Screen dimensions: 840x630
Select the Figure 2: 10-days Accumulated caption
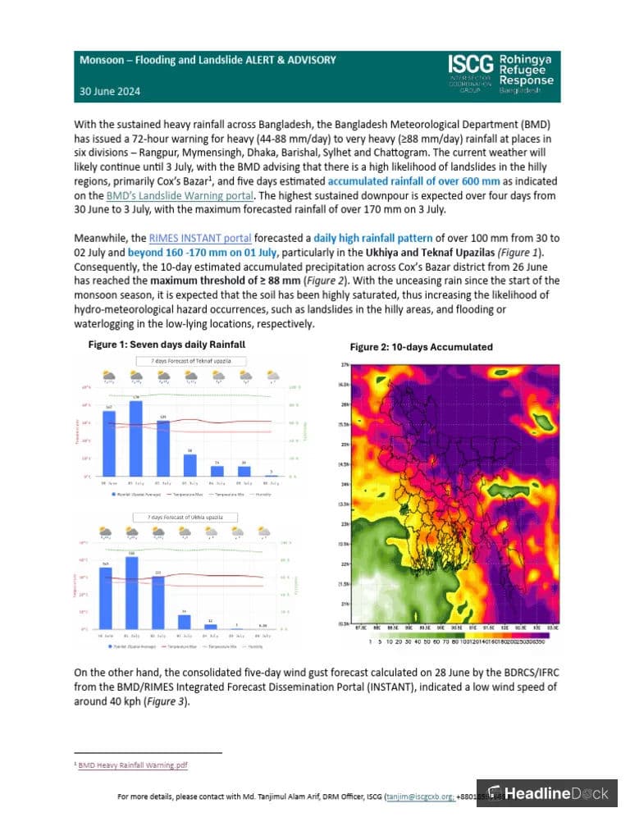421,347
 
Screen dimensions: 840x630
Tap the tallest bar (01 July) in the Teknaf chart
136,439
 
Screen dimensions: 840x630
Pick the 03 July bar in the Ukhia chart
185,622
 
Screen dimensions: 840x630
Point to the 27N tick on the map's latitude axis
345,364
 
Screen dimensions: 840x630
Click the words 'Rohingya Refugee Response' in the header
526,71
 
